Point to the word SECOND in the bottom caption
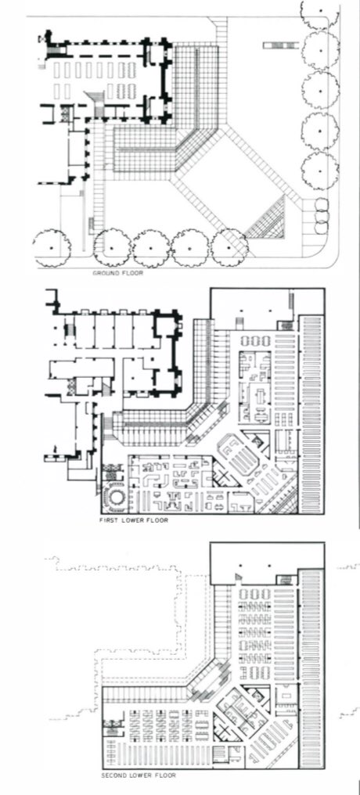[113, 775]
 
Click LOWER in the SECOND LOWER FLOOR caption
[136, 775]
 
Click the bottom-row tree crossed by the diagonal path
[229, 247]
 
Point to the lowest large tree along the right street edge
[320, 171]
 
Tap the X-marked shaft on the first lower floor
[220, 477]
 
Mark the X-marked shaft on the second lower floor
[221, 728]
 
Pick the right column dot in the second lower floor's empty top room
[269, 565]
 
